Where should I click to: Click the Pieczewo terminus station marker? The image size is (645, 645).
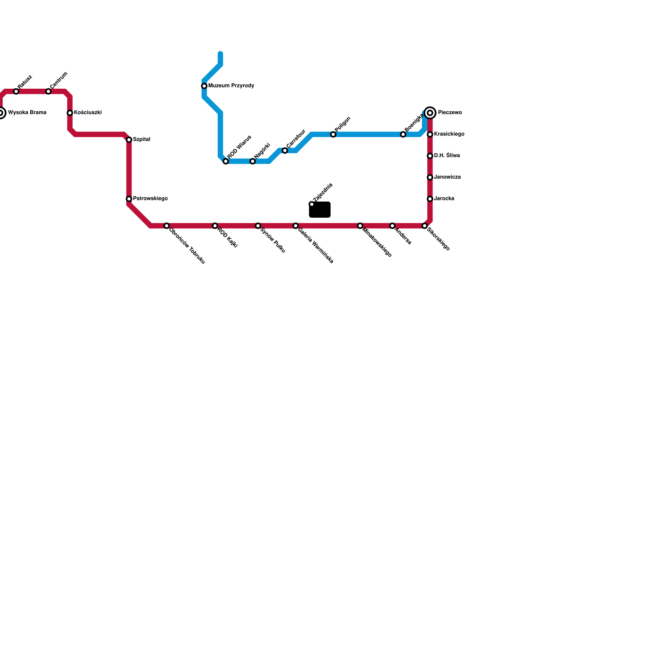tap(430, 113)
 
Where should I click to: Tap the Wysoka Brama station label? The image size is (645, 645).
tap(27, 113)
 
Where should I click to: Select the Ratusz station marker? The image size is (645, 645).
tap(16, 92)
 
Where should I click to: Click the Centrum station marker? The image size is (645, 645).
tap(48, 92)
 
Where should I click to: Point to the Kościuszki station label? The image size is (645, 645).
tap(87, 113)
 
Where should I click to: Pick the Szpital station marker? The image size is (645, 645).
tap(129, 140)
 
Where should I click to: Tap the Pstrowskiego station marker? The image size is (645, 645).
tap(129, 199)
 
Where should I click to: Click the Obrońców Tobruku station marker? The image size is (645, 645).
tap(166, 226)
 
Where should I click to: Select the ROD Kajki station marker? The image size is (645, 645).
tap(215, 226)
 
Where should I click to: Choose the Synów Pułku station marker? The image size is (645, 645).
tap(258, 226)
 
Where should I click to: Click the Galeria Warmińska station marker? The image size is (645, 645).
tap(296, 226)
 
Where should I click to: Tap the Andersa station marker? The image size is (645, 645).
tap(393, 226)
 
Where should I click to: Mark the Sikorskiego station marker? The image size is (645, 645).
tap(425, 226)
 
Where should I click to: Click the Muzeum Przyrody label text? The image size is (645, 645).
tap(231, 86)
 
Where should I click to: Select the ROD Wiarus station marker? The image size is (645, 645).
tap(226, 162)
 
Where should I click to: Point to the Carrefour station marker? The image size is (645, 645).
tap(285, 151)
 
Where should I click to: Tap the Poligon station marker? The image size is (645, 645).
tap(333, 135)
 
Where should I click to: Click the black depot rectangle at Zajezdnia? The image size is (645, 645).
tap(320, 210)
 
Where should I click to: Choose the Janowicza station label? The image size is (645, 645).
tap(447, 177)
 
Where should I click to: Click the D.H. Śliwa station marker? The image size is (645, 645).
tap(430, 156)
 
